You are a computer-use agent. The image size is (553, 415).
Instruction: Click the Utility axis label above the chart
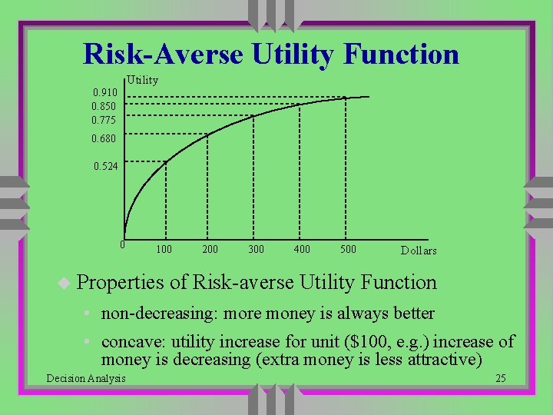142,80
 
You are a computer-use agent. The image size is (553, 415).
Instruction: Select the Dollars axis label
419,251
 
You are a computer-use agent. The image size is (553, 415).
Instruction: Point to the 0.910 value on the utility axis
105,93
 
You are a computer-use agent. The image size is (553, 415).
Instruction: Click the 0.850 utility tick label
104,106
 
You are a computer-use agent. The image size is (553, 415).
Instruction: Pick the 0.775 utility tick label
104,120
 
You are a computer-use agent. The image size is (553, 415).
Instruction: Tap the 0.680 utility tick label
104,139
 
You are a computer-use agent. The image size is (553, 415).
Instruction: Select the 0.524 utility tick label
105,166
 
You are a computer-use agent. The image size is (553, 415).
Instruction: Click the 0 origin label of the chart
121,245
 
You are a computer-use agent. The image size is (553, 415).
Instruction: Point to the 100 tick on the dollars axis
164,250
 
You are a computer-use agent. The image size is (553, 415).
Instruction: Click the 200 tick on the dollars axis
210,250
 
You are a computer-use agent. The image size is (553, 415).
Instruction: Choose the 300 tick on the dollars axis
256,250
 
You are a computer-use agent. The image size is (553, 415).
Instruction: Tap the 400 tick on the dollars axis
302,250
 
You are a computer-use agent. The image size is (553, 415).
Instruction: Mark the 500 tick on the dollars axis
348,250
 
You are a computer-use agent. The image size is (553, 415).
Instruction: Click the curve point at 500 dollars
346,98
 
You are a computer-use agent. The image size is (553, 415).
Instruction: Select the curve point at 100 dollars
165,162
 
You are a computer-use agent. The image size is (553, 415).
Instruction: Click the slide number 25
500,377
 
